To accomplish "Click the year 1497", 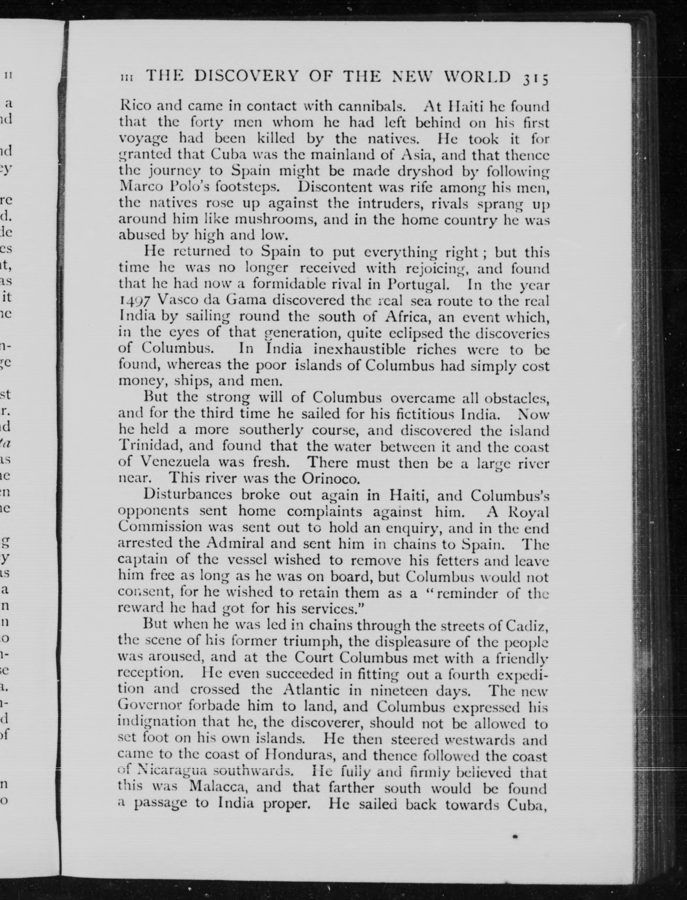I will [x=133, y=300].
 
